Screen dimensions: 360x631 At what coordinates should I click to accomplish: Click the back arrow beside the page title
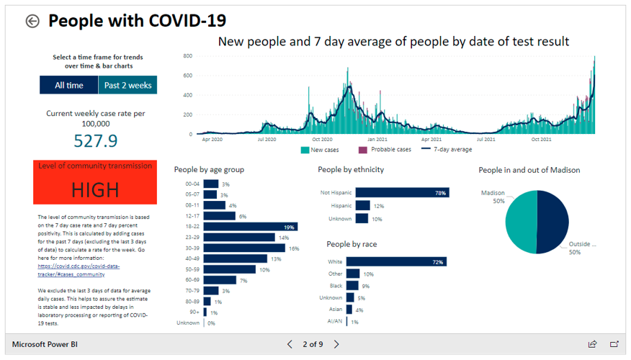click(32, 21)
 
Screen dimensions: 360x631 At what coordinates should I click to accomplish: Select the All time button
click(68, 85)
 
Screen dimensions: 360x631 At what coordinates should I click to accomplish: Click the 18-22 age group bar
click(250, 227)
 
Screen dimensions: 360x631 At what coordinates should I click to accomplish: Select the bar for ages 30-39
click(245, 248)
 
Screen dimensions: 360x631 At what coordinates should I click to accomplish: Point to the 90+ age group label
click(194, 312)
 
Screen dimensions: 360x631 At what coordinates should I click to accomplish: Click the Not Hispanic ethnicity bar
click(400, 193)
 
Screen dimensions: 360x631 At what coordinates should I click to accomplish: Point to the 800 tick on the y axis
click(187, 56)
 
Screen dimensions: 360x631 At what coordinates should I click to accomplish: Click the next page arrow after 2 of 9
click(336, 344)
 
